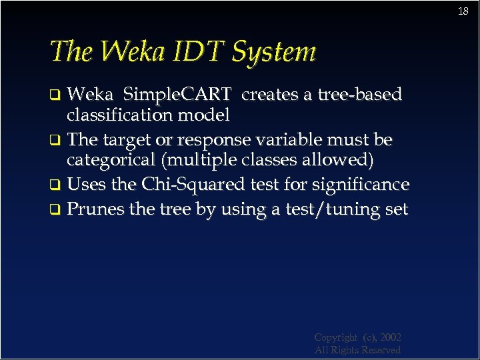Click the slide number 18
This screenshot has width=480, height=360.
464,11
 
